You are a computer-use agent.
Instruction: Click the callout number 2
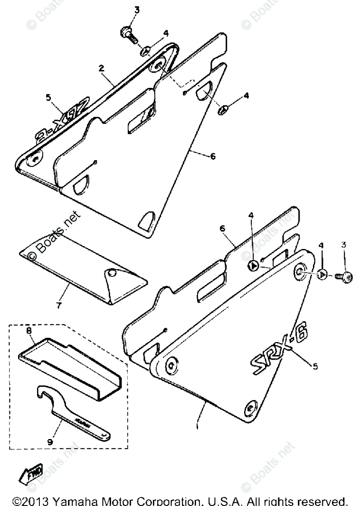101,68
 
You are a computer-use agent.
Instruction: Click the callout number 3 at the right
344,245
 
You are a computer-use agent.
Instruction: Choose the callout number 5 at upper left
48,97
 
